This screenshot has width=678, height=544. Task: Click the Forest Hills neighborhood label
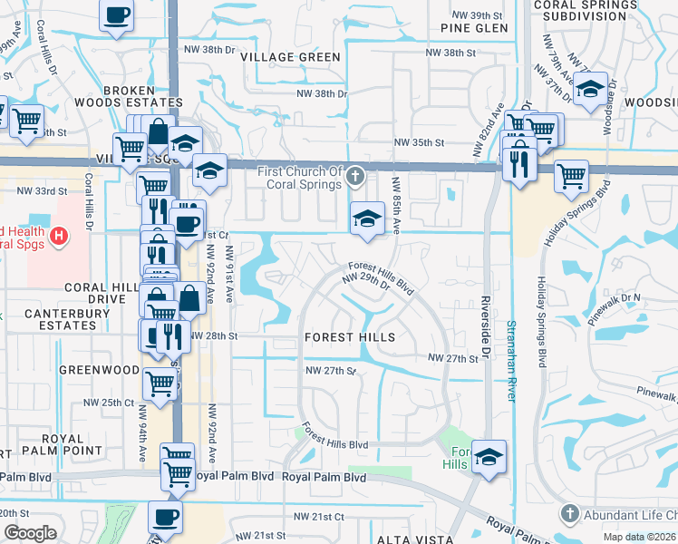[x=350, y=337]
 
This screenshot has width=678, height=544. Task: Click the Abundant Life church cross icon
[x=569, y=513]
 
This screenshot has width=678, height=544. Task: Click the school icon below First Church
[x=366, y=219]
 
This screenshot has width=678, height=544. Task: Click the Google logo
[x=30, y=533]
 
